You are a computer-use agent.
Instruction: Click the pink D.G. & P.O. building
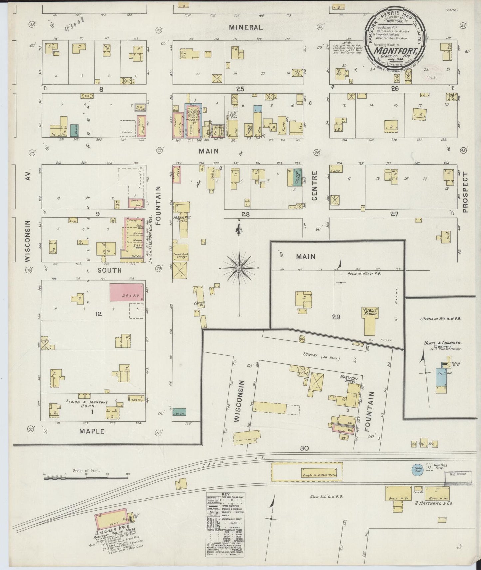click(x=126, y=293)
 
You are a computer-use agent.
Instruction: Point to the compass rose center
click(x=239, y=268)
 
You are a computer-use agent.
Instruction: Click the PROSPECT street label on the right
click(x=465, y=192)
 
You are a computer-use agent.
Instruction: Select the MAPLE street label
click(x=92, y=431)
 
